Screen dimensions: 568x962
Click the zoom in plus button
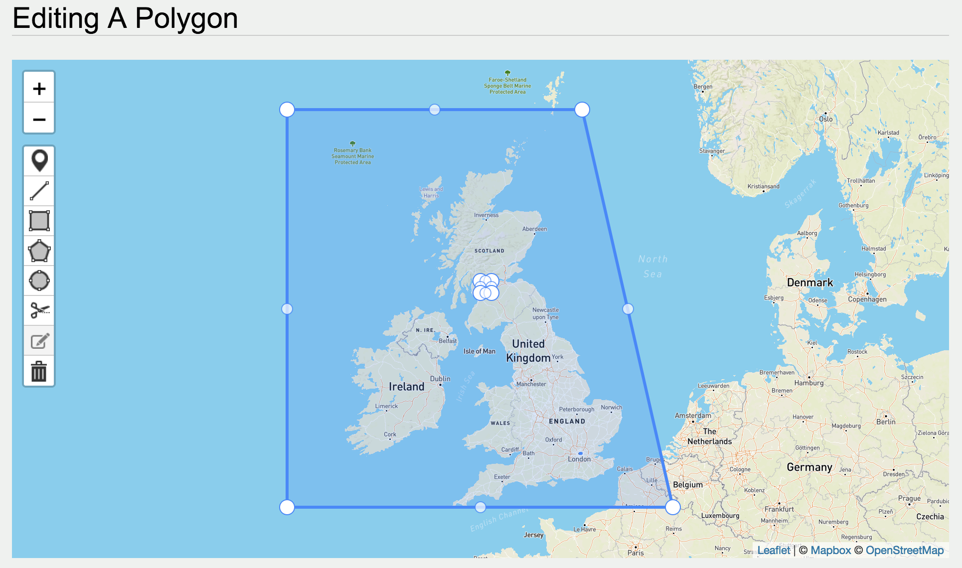point(39,89)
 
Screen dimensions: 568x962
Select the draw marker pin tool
point(39,160)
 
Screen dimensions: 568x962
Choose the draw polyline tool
point(39,191)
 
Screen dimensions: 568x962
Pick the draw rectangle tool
point(39,221)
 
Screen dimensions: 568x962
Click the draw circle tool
point(39,281)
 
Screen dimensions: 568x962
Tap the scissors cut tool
point(39,310)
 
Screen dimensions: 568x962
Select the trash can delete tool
point(39,371)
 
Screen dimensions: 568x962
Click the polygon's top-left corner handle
point(287,110)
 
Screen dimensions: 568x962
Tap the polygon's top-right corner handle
point(582,110)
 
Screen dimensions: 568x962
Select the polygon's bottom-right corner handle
point(673,507)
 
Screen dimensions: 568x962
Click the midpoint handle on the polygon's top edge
point(435,110)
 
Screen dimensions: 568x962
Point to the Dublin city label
point(440,379)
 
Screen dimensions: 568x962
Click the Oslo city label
point(826,119)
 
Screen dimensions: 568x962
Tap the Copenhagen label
point(867,299)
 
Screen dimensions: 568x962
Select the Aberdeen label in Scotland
point(534,229)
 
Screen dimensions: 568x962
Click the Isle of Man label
point(480,351)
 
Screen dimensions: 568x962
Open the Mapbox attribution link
point(830,550)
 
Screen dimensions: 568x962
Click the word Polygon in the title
point(186,18)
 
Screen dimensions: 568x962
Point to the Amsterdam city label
point(693,416)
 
